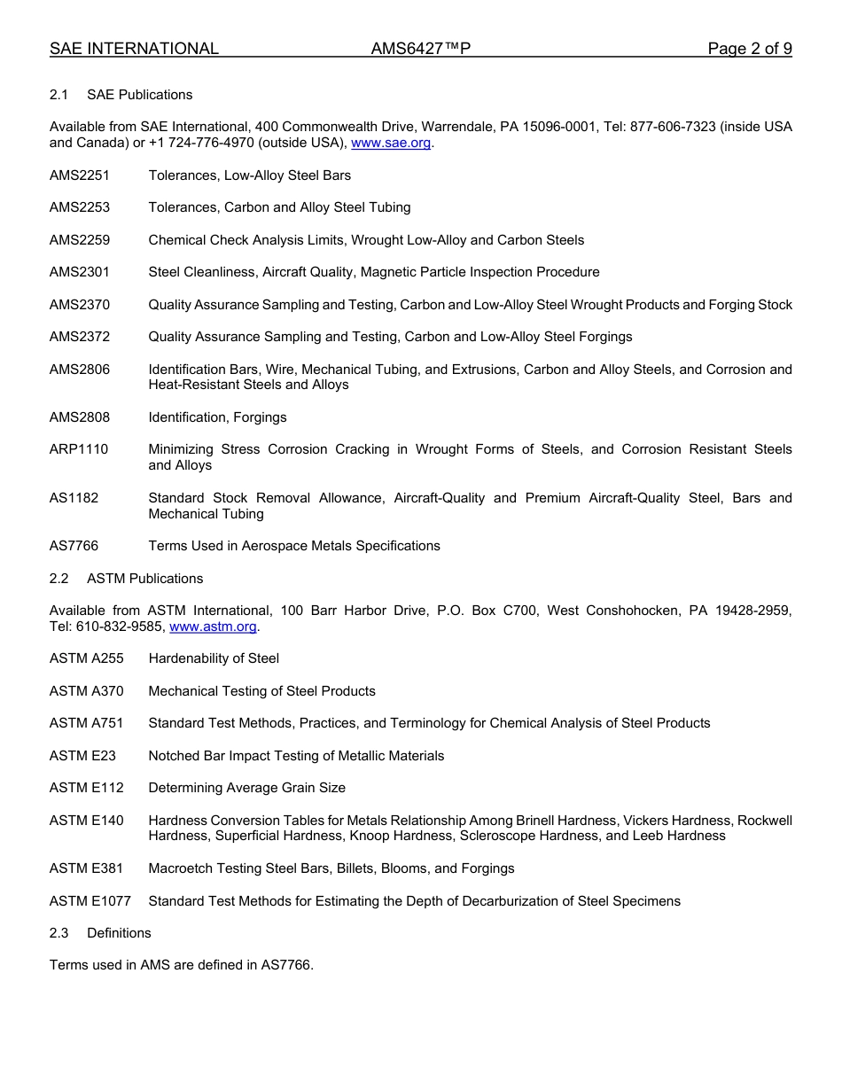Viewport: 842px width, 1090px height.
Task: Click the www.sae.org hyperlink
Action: click(391, 143)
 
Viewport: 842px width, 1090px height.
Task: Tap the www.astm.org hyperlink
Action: click(213, 627)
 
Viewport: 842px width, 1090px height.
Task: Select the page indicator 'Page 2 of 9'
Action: click(749, 49)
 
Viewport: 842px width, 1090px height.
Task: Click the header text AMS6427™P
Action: click(420, 49)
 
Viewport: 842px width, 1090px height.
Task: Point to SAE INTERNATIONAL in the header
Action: click(134, 49)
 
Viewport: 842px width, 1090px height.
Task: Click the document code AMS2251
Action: click(80, 175)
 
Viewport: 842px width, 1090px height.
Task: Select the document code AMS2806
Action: click(80, 370)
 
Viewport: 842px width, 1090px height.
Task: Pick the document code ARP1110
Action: click(79, 449)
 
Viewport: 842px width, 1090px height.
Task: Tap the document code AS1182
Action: click(74, 498)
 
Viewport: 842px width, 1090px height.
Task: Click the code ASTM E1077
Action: click(90, 901)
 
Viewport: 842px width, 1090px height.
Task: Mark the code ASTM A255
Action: click(87, 658)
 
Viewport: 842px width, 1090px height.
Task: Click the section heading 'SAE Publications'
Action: click(139, 95)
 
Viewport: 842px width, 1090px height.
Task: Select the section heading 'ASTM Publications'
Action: click(144, 579)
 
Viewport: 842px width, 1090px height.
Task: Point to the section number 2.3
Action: click(59, 933)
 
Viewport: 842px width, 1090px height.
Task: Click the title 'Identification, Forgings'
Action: click(217, 417)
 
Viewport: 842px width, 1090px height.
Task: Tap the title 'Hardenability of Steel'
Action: click(214, 658)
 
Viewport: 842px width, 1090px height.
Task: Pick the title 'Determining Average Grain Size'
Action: click(246, 788)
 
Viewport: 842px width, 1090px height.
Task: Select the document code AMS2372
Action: click(80, 337)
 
